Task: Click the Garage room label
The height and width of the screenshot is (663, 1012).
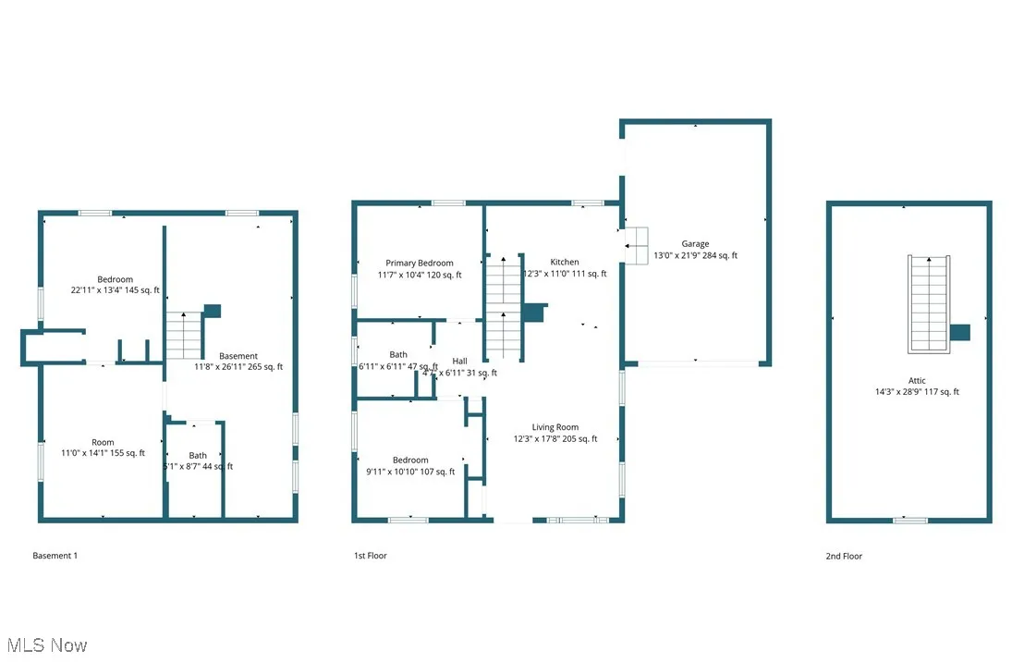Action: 695,244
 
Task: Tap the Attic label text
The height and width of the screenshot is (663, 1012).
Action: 916,380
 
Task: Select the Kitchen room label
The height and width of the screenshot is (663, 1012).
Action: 565,263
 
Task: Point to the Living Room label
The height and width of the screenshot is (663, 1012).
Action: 555,427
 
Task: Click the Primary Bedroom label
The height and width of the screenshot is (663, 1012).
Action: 421,264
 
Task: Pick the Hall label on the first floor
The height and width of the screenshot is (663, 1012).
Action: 459,361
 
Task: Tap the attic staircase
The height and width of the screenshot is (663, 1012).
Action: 929,303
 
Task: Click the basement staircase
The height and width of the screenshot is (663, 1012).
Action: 184,335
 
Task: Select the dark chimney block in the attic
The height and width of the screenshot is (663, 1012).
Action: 960,333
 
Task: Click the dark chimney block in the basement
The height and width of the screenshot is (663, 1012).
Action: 213,312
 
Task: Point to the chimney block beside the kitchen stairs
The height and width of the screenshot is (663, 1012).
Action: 534,313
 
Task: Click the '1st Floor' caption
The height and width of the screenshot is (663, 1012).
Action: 371,556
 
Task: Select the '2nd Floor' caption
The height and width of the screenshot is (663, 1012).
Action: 844,556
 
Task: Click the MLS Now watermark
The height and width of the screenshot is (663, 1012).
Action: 46,645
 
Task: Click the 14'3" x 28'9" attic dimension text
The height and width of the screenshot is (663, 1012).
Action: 916,392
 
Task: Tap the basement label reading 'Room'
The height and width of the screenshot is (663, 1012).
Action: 103,442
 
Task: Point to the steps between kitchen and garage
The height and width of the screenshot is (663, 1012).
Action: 637,245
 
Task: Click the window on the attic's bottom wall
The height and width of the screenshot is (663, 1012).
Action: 909,521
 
